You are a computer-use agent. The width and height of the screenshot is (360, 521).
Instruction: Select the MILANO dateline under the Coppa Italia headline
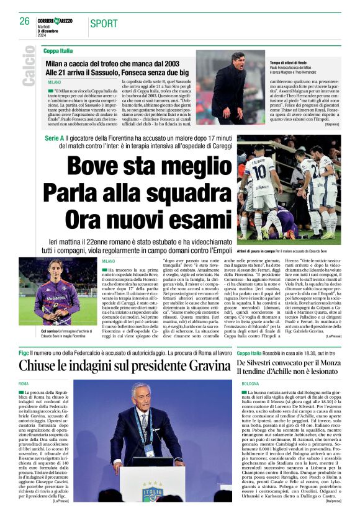pos(55,82)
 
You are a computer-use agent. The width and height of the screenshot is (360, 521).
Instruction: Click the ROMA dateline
pos(24,384)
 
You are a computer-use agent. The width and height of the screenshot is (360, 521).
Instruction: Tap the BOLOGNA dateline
pos(251,384)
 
